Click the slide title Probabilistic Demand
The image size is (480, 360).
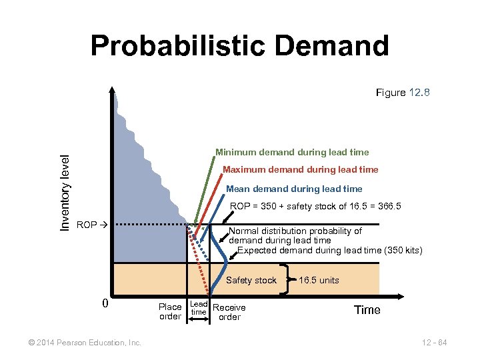[x=239, y=46]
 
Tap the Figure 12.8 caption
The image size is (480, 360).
[x=403, y=93]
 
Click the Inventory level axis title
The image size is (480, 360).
[x=65, y=193]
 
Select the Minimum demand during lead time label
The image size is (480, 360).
[x=291, y=152]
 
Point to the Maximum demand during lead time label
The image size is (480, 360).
[x=300, y=169]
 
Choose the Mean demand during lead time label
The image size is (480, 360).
[x=294, y=188]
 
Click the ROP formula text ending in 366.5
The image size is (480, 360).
[x=315, y=207]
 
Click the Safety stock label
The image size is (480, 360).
[x=251, y=280]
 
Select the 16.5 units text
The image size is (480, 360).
[x=319, y=280]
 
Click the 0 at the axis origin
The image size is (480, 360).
[x=105, y=304]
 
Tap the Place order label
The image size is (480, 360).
[x=170, y=311]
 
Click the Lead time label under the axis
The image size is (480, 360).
[x=199, y=308]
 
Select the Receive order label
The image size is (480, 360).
[x=229, y=312]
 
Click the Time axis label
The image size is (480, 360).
[x=367, y=309]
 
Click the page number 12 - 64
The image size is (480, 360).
[x=434, y=343]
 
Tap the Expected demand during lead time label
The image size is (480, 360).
[x=329, y=250]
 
